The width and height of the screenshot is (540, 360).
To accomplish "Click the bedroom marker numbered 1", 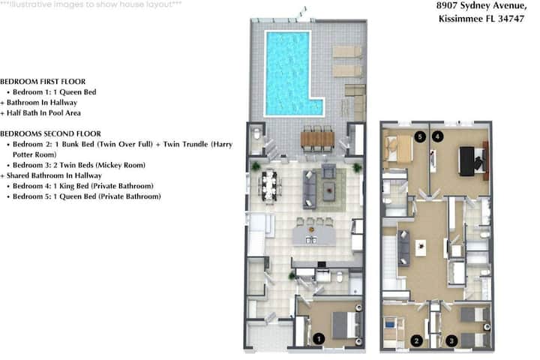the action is pos(319,339).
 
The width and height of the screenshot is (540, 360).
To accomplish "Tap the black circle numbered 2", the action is pos(417,341).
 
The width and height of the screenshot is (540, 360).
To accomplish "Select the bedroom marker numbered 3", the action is pos(451,341).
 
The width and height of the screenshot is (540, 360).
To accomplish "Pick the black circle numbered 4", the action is pos(437,136).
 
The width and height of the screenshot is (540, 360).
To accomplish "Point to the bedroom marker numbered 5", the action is pos(420,136).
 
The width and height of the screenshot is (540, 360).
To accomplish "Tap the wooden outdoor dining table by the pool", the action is pos(317,139).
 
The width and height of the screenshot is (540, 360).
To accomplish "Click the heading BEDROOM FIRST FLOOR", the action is pos(43,82).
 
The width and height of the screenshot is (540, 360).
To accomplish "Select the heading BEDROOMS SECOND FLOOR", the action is pos(51,133).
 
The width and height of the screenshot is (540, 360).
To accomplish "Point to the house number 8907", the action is pos(447,5).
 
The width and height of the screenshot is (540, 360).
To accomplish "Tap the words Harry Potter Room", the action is pos(122,149).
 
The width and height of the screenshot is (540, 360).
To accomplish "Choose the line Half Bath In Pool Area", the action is pos(40,113).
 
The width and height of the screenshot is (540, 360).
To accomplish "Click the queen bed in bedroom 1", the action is pos(344,325).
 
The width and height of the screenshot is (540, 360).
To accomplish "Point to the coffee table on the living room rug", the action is pos(329,189).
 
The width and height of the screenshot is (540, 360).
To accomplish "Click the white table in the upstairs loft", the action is pos(421,247).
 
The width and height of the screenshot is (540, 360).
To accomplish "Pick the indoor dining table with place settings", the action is pos(268,185).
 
